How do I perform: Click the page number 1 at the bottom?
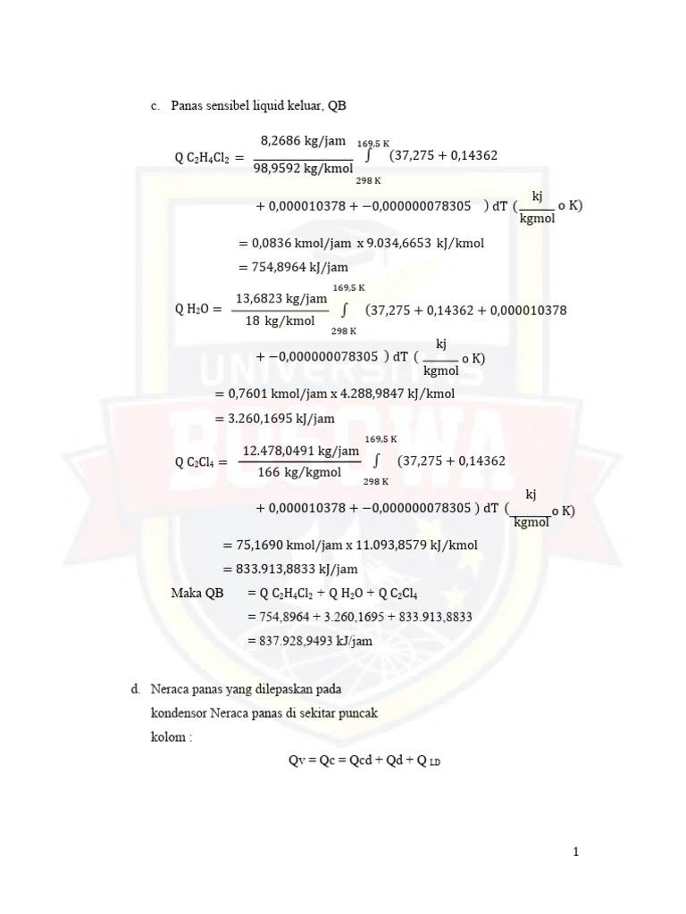pyautogui.click(x=576, y=852)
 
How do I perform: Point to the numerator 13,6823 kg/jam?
pyautogui.click(x=281, y=298)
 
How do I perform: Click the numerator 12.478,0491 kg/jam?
pyautogui.click(x=301, y=451)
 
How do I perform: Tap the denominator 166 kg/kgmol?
pyautogui.click(x=300, y=473)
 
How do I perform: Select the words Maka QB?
pyautogui.click(x=197, y=592)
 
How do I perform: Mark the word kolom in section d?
pyautogui.click(x=168, y=738)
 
